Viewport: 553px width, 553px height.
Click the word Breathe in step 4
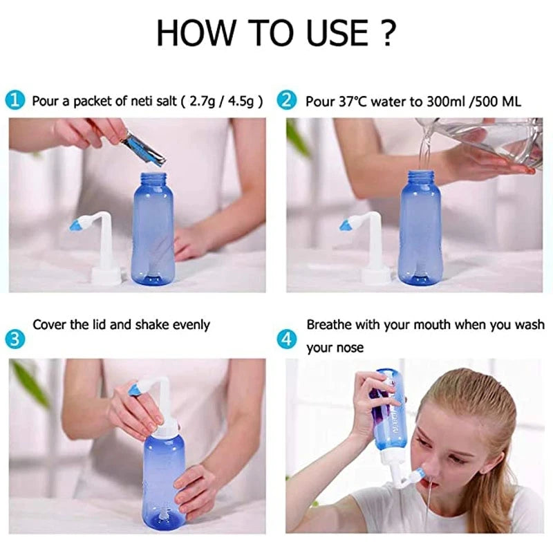click(330, 324)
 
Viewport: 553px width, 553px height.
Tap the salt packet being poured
click(143, 150)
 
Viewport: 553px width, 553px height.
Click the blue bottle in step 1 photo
click(152, 228)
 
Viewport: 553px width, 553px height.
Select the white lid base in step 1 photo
click(105, 274)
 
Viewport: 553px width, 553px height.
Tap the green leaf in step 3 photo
click(30, 384)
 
